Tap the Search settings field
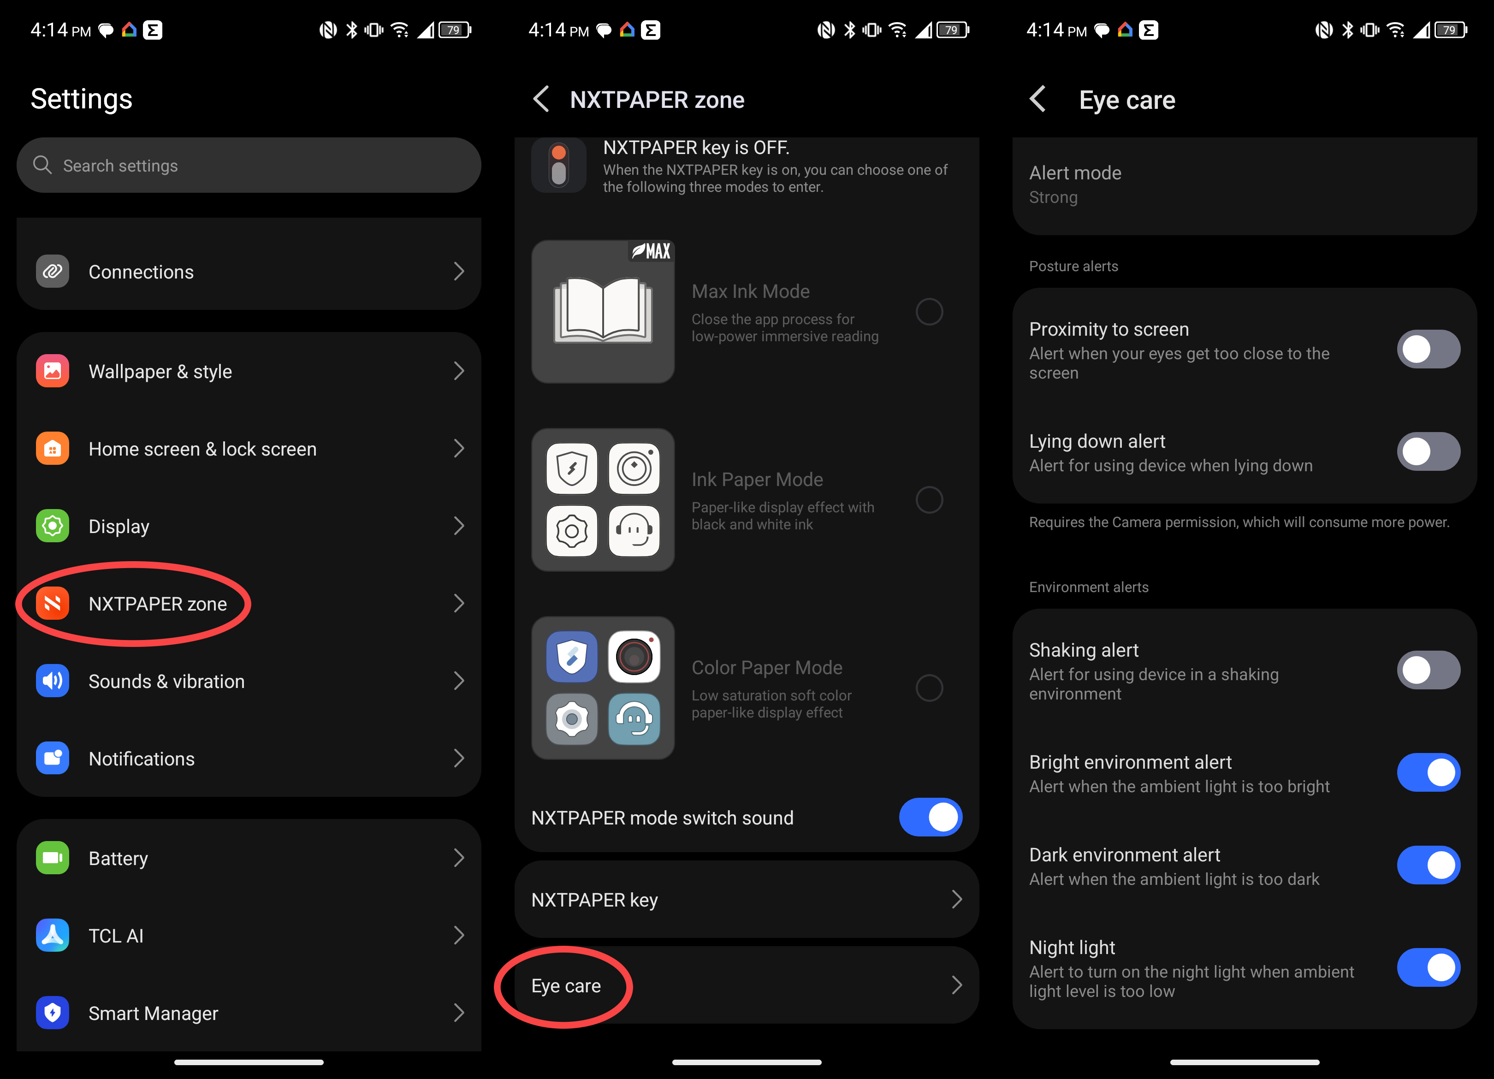(x=249, y=166)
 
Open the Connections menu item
(x=249, y=272)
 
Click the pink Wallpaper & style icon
(x=53, y=371)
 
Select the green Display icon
(x=53, y=526)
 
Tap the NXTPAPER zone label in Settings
(x=157, y=604)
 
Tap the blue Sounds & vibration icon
(x=53, y=681)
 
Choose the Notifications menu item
(x=249, y=758)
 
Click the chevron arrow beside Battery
(x=458, y=858)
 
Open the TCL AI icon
(x=53, y=936)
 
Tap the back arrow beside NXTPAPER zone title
(x=541, y=100)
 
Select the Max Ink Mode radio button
(x=929, y=312)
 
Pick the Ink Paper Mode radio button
(x=929, y=499)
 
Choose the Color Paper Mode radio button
(x=929, y=688)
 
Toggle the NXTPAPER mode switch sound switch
(x=930, y=818)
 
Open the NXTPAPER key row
(x=747, y=899)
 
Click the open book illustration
(x=603, y=311)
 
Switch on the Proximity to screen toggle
(x=1428, y=349)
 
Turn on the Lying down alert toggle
(x=1428, y=451)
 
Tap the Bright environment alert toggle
(x=1428, y=773)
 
